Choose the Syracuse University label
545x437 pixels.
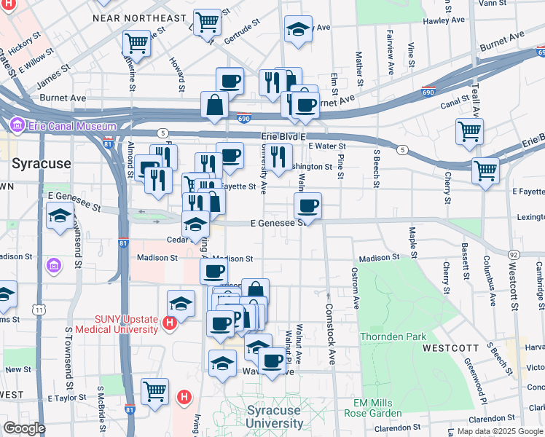pyautogui.click(x=273, y=417)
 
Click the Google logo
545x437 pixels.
pyautogui.click(x=23, y=428)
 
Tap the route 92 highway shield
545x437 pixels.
pyautogui.click(x=514, y=254)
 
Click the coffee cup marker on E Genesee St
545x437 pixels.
pyautogui.click(x=309, y=205)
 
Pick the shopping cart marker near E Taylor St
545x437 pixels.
pyautogui.click(x=154, y=392)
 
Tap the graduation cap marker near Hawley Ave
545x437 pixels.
pyautogui.click(x=298, y=30)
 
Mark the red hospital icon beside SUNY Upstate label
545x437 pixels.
pyautogui.click(x=170, y=323)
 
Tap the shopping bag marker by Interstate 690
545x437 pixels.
pyautogui.click(x=216, y=105)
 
